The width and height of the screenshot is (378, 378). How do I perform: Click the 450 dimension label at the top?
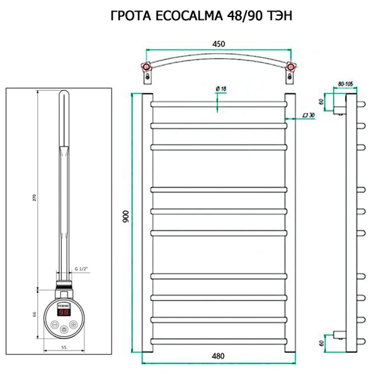219,43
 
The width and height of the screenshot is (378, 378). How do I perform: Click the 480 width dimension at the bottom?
218,356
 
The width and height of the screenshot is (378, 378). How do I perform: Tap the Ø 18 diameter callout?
220,89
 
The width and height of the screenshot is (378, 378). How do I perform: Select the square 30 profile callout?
309,115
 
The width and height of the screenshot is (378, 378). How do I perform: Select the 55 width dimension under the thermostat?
64,346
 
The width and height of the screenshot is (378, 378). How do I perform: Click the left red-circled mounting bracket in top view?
147,67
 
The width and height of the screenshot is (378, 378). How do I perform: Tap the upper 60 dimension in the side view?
321,101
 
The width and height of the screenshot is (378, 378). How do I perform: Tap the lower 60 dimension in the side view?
321,343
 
